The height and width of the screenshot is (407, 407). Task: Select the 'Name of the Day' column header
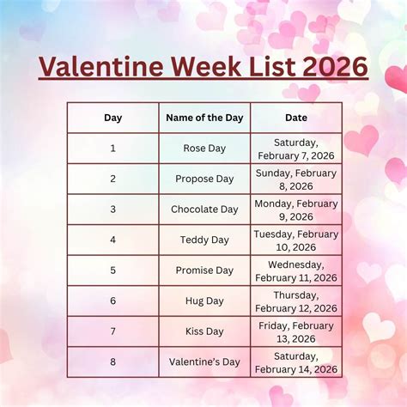pyautogui.click(x=204, y=118)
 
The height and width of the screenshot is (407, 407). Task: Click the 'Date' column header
pyautogui.click(x=296, y=118)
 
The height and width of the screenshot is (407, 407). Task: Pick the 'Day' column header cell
pyautogui.click(x=112, y=118)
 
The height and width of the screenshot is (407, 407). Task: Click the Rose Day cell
pyautogui.click(x=204, y=149)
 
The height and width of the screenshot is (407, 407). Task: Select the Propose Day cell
pyautogui.click(x=204, y=179)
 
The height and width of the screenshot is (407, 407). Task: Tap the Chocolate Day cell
pyautogui.click(x=204, y=210)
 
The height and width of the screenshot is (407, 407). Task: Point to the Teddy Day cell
pyautogui.click(x=204, y=240)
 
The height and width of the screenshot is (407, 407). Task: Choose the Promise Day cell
pyautogui.click(x=204, y=270)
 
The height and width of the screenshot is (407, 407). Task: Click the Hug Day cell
pyautogui.click(x=204, y=301)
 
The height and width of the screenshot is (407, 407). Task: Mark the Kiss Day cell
pyautogui.click(x=204, y=331)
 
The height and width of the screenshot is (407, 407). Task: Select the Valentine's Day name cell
pyautogui.click(x=204, y=361)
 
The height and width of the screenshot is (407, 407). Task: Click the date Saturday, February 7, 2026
pyautogui.click(x=296, y=149)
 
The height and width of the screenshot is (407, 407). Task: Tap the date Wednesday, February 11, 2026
pyautogui.click(x=296, y=270)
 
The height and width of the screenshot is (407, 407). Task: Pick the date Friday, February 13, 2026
pyautogui.click(x=296, y=331)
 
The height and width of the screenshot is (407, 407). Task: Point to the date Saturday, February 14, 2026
pyautogui.click(x=296, y=361)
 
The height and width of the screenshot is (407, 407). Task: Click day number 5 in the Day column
pyautogui.click(x=112, y=270)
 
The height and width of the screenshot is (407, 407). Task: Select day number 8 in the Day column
pyautogui.click(x=112, y=361)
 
